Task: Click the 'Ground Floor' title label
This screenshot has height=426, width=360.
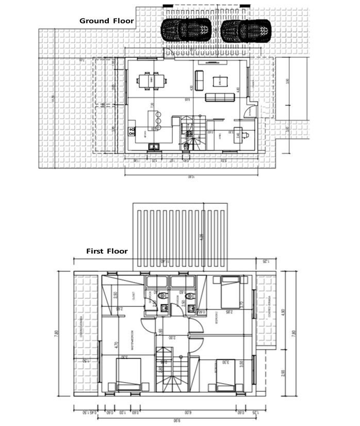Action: [106, 21]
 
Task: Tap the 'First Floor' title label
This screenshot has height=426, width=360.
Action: [107, 251]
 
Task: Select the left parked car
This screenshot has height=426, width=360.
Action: [186, 30]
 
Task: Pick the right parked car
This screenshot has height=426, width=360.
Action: [246, 30]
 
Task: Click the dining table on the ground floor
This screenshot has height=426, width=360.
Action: [152, 81]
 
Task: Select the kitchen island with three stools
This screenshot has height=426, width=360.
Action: [153, 121]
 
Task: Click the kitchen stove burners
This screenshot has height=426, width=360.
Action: [153, 147]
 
